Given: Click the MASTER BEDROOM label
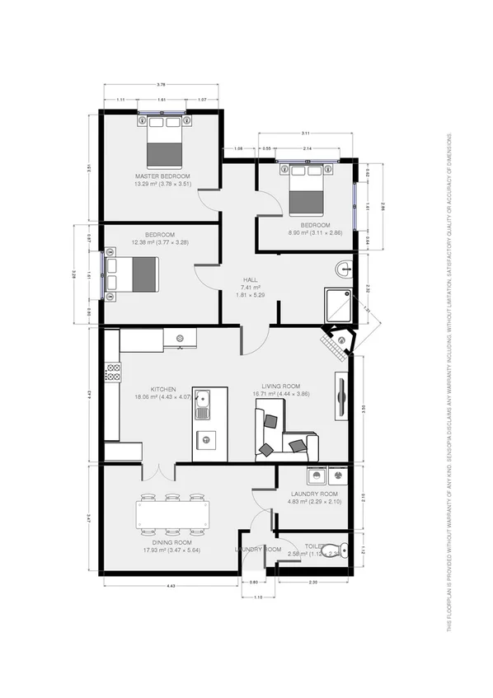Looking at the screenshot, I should (163, 177).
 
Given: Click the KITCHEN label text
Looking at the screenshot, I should (163, 389).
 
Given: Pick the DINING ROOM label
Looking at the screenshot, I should (172, 543).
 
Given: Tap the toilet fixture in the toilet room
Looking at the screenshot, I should (333, 550).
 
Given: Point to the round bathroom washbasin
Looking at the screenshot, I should (344, 269).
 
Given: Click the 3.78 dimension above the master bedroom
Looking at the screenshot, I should (162, 85).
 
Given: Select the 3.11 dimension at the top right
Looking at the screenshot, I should (306, 133).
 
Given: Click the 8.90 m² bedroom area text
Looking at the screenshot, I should (314, 233).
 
